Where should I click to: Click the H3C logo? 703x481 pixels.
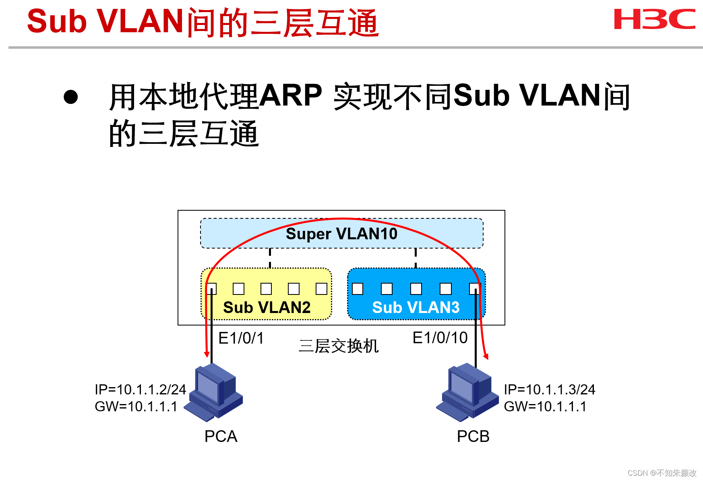654,19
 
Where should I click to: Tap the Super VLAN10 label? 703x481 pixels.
341,234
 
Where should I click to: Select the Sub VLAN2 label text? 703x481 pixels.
267,308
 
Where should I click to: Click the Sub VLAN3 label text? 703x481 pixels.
416,308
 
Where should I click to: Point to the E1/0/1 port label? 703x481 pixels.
241,338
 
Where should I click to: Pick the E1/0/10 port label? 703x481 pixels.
440,338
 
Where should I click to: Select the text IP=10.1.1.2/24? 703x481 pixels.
140,390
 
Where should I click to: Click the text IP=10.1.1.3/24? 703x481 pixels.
549,390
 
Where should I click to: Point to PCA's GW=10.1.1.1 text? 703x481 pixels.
136,406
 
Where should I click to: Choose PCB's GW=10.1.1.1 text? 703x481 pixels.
545,406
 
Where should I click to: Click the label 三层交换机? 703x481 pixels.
339,346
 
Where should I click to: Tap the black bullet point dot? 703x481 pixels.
71,97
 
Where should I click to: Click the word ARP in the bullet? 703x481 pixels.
290,96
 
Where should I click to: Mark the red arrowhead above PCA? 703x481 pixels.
207,355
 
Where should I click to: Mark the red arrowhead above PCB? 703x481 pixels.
486,356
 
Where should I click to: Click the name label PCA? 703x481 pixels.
221,437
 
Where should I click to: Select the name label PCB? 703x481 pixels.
473,437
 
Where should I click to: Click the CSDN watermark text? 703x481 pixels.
662,473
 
